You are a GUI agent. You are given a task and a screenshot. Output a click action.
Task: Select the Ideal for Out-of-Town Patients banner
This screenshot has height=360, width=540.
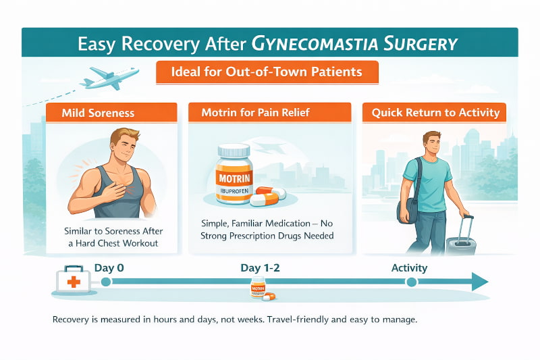coord(267,72)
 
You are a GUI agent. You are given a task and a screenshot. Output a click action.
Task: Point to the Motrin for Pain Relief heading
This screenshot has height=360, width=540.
coord(269,112)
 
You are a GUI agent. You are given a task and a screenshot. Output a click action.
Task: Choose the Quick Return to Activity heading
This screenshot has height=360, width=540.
coord(435,112)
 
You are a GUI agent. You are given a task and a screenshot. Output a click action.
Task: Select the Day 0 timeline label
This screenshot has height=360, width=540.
coord(109,267)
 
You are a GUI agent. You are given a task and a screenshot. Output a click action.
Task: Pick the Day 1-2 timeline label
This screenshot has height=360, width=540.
coord(259,267)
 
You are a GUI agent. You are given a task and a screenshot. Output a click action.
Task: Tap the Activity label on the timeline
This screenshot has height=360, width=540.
coord(409,267)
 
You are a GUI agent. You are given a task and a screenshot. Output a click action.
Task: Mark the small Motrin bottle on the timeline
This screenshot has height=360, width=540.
coord(257,289)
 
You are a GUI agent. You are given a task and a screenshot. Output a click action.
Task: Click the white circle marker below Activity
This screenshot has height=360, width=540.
coord(410,282)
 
